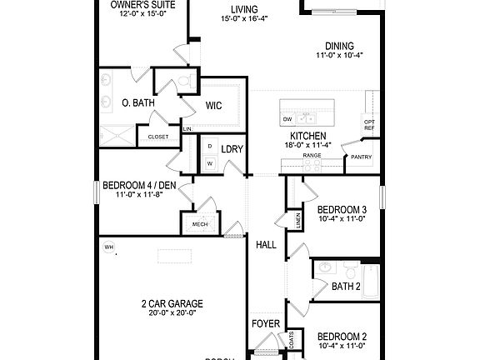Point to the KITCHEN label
click(307, 136)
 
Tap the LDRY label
click(232, 149)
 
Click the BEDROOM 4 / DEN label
click(140, 185)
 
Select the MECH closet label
click(200, 224)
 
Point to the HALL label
click(266, 244)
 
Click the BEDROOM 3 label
click(342, 209)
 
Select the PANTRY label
click(362, 156)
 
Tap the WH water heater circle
click(108, 247)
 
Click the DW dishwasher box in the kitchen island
click(287, 118)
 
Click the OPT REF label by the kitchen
click(369, 125)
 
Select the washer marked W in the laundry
click(209, 163)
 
